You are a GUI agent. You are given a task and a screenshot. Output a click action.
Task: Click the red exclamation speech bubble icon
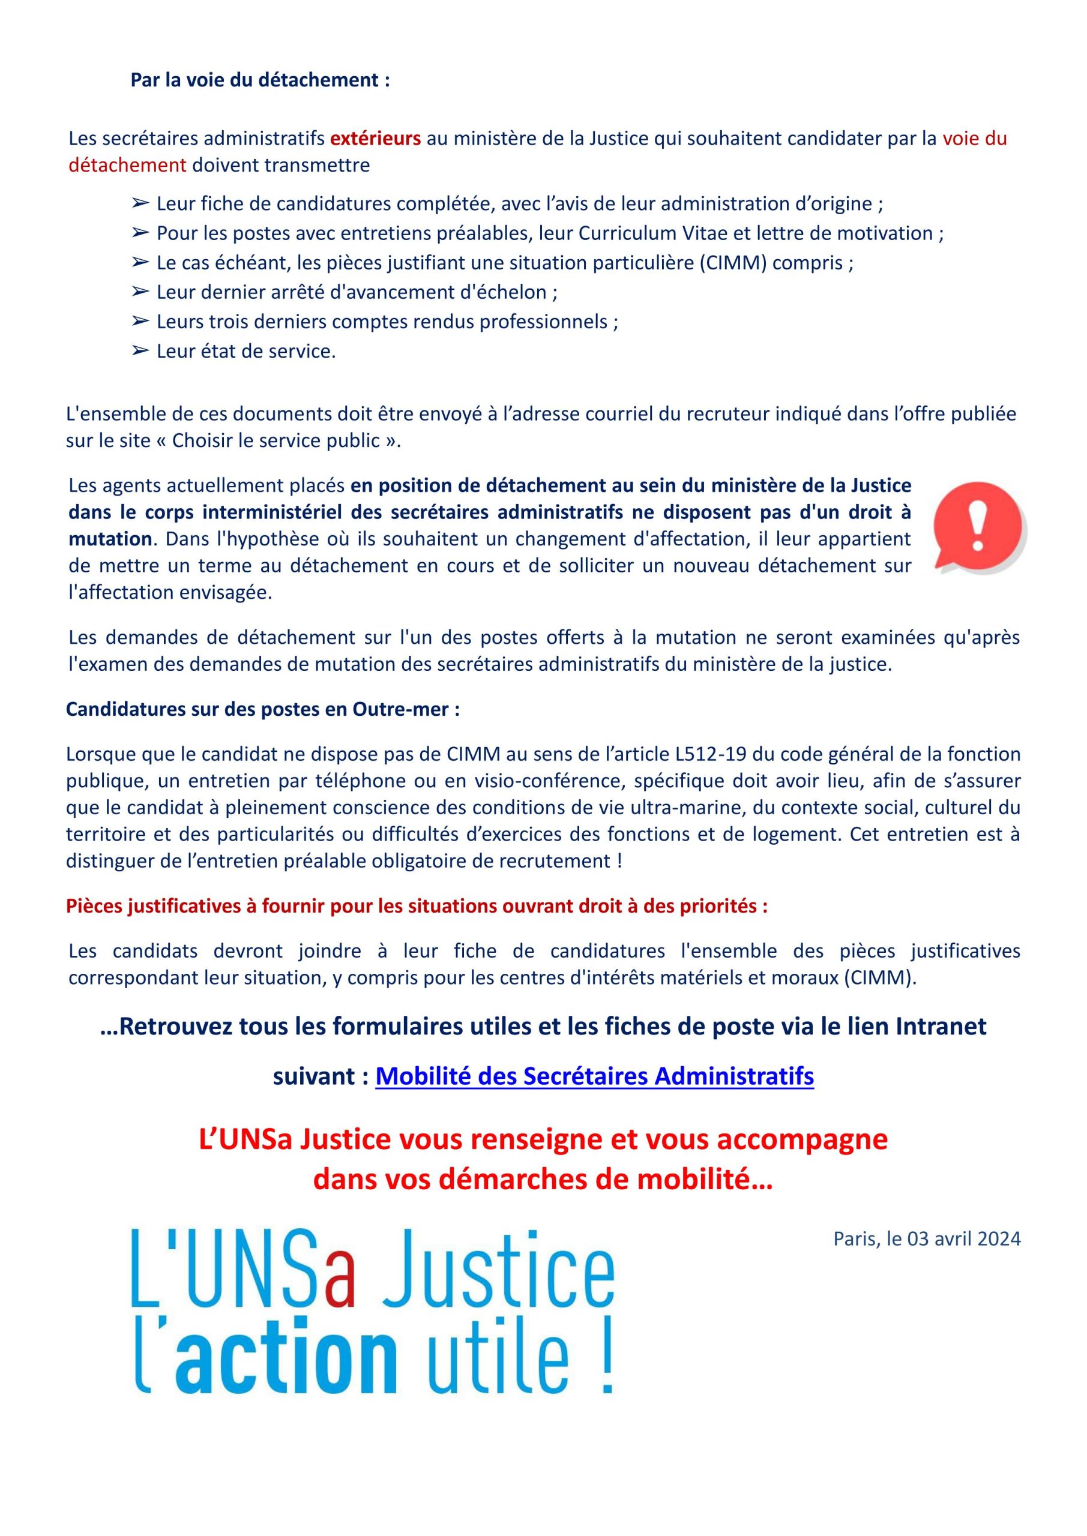pos(978,526)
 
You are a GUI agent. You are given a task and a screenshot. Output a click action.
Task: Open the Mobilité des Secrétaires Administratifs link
pos(594,1076)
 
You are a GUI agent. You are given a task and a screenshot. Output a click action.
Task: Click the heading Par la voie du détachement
pos(260,80)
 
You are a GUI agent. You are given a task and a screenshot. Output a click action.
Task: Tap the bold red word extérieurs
pos(376,139)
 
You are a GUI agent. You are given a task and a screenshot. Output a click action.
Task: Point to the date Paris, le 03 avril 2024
pos(926,1238)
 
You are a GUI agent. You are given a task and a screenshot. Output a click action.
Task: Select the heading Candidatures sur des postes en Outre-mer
pos(262,709)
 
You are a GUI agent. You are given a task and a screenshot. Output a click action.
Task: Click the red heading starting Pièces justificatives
pos(417,906)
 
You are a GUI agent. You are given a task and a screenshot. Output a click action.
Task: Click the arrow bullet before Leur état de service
pos(139,350)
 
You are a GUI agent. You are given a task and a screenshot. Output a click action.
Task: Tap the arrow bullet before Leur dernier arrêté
pos(139,292)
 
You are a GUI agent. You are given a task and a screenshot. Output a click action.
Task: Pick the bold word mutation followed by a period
pos(109,539)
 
